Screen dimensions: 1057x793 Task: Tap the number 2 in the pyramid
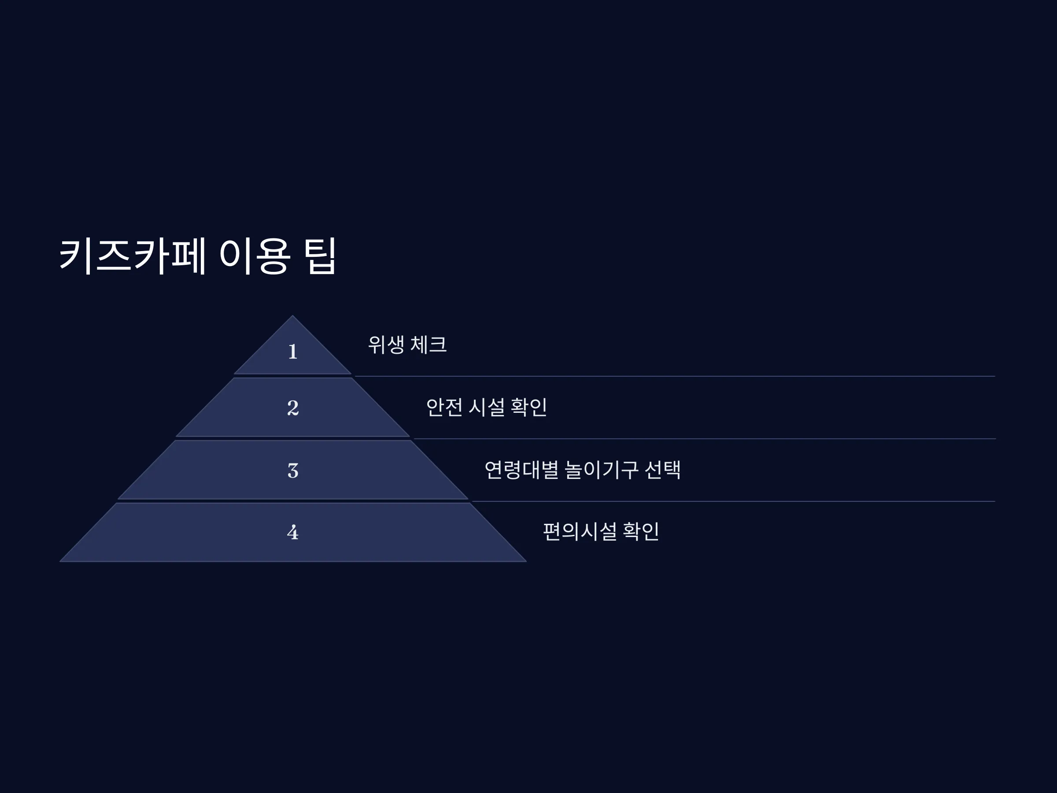pos(293,408)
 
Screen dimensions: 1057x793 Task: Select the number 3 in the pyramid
pos(293,471)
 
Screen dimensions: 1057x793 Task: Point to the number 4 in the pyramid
pos(293,532)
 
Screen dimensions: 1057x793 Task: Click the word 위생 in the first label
pos(386,344)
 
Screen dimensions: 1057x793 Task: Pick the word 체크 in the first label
pos(429,344)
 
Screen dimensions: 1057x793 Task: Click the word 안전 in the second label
pos(444,407)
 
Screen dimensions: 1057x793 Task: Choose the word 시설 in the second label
pos(487,407)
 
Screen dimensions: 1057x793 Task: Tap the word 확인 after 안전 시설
pos(529,407)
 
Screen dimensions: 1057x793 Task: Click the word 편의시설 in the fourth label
pos(580,531)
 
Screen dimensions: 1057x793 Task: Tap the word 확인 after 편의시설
pos(641,531)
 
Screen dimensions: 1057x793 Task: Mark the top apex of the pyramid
pos(293,315)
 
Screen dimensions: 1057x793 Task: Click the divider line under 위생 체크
pos(675,376)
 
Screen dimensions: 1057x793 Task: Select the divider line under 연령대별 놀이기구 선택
pos(733,501)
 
